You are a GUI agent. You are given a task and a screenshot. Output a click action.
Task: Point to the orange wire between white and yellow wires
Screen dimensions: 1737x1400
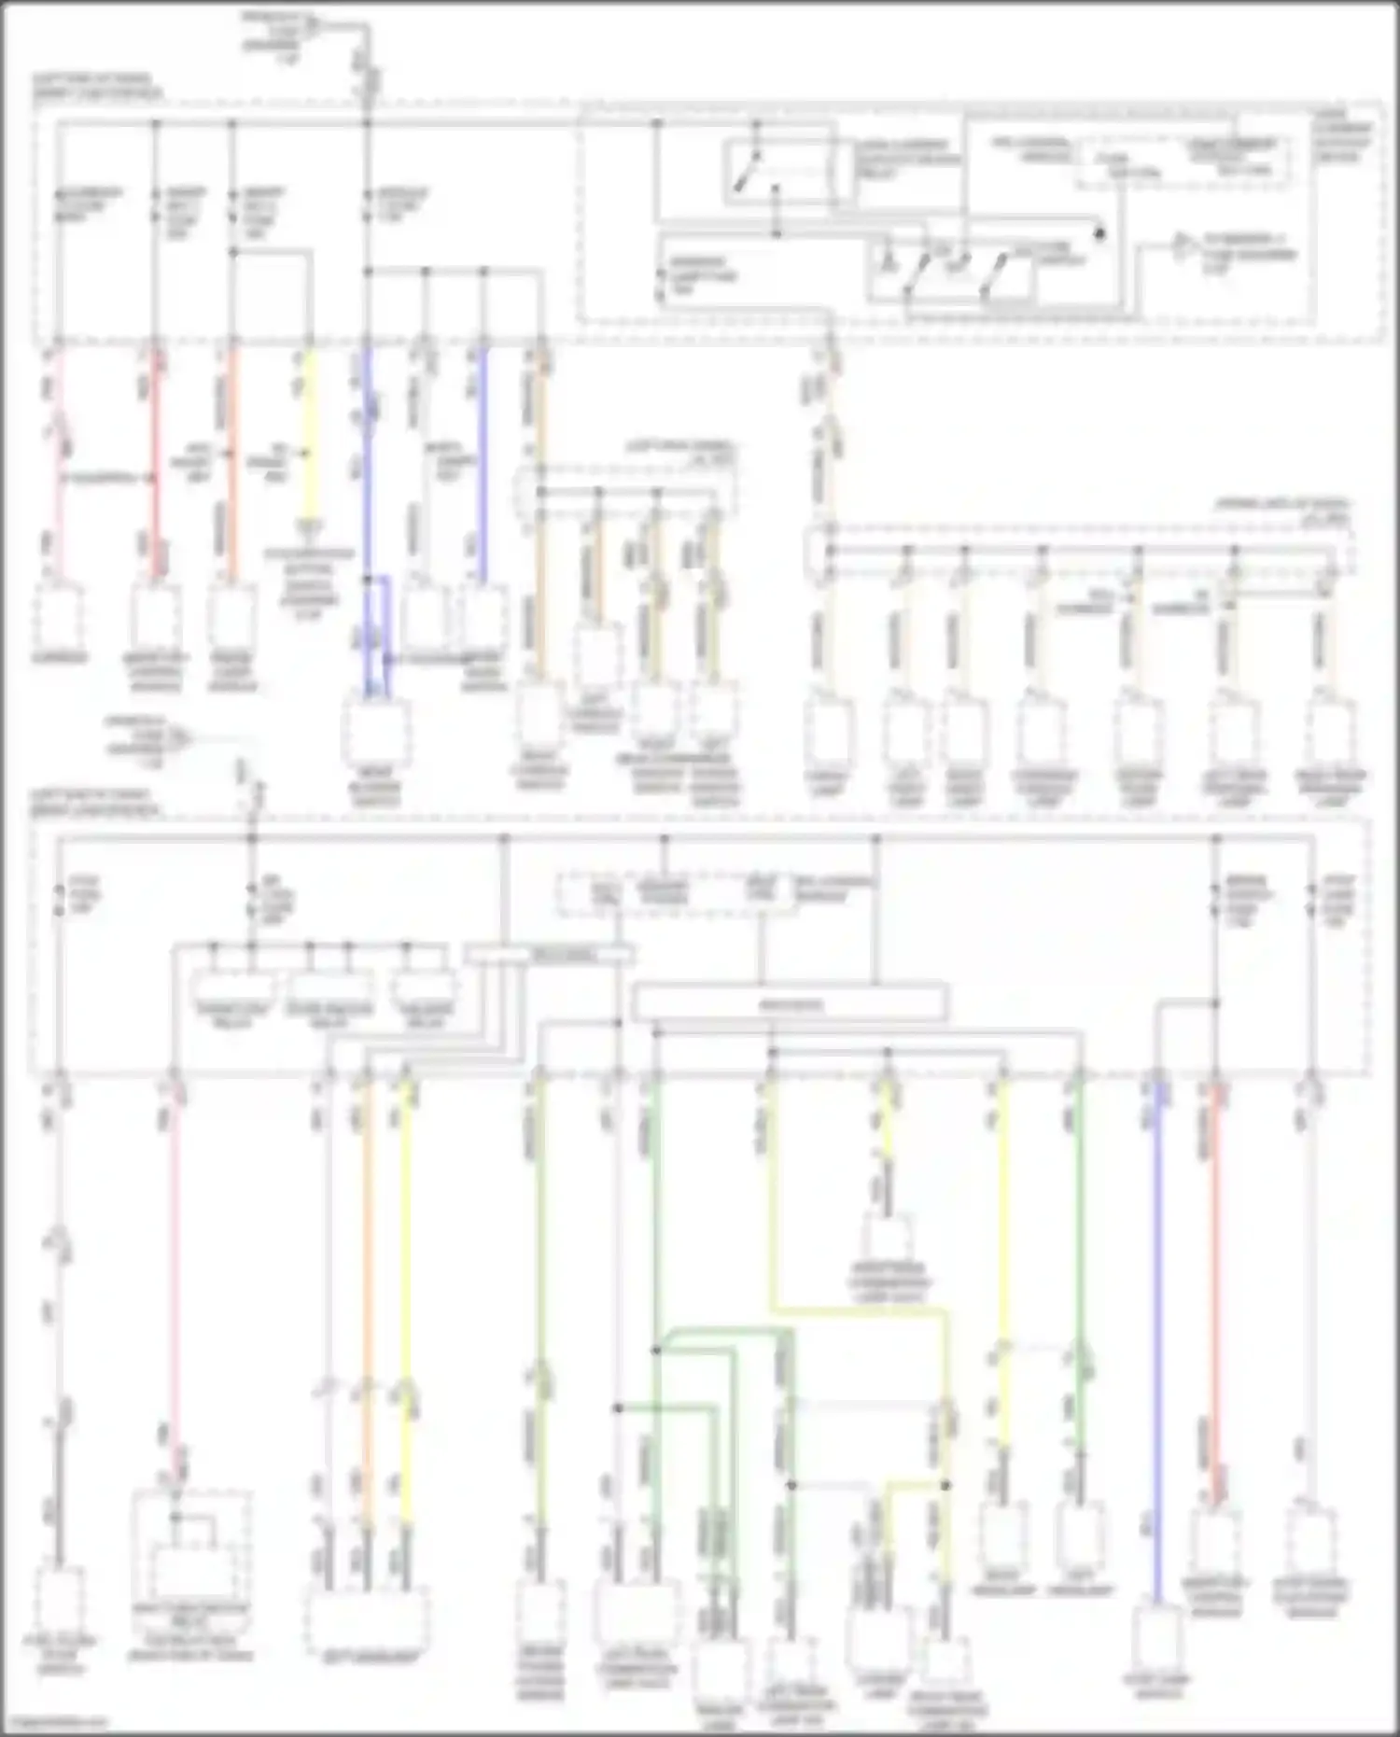366,1307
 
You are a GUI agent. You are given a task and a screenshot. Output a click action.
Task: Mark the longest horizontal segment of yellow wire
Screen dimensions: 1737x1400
859,1310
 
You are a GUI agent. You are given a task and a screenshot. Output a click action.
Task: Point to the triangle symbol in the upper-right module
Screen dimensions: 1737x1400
1181,245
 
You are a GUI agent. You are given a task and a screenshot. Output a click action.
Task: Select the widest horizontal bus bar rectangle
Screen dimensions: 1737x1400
790,1004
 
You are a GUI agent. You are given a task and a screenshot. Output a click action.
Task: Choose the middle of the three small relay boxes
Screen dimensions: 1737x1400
330,988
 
